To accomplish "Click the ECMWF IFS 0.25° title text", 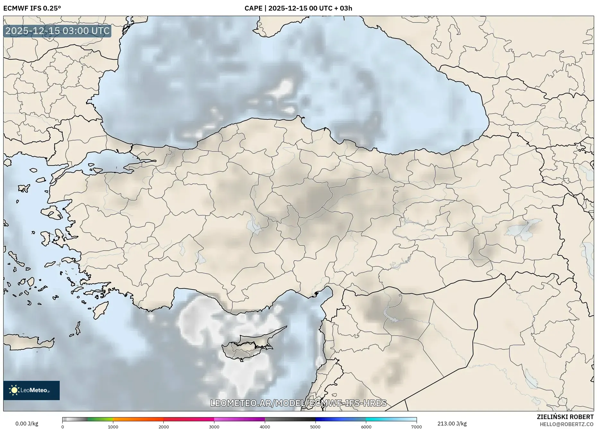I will pos(32,8).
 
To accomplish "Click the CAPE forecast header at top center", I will pos(298,8).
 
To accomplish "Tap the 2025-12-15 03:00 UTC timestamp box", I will pos(57,31).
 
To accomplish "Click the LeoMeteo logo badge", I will pos(31,390).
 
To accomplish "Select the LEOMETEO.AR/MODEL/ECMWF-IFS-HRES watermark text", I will pos(298,403).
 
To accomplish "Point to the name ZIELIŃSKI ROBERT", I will pos(565,417).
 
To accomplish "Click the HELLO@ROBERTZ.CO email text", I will pos(567,424).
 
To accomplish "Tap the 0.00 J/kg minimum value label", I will pos(27,424).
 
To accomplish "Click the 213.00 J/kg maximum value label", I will pos(452,424).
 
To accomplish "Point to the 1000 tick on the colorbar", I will pos(113,427).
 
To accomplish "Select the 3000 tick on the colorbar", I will pos(214,427).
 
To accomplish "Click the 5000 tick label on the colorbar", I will pos(315,427).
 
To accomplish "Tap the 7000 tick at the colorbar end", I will pos(416,427).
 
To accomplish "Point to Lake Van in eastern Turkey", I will pos(523,228).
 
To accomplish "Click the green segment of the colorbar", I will pos(100,419).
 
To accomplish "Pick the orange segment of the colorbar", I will pos(138,419).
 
